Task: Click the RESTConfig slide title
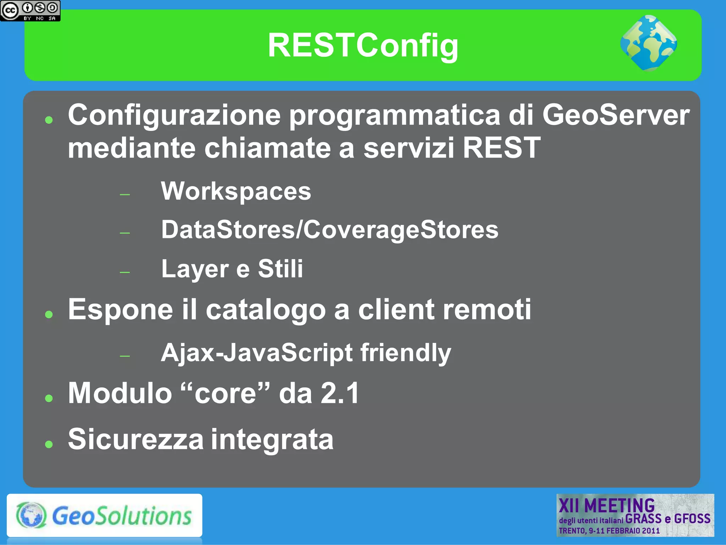363,45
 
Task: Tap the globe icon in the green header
648,43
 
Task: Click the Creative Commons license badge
30,11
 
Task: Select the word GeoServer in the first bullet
616,115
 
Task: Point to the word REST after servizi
501,148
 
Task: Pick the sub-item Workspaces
236,191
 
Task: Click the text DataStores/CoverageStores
330,229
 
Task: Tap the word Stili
280,268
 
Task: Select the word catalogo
266,310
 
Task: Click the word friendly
406,353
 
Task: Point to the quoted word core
225,393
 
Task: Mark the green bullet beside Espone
49,314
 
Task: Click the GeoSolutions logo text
122,516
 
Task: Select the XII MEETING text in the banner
607,505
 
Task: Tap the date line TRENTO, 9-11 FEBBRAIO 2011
609,531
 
